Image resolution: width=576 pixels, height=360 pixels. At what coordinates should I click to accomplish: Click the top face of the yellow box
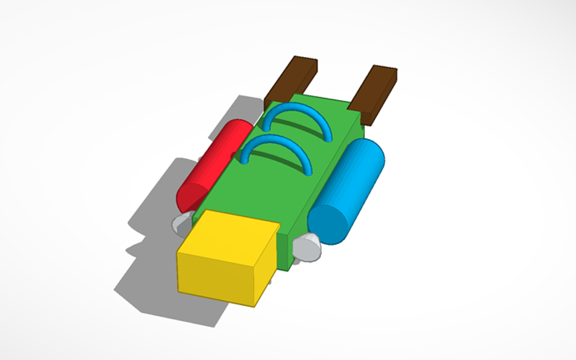coord(229,235)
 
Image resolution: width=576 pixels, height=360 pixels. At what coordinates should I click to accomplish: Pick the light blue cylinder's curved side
coord(356,176)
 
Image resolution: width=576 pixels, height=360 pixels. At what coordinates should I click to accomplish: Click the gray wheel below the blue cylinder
coord(307,248)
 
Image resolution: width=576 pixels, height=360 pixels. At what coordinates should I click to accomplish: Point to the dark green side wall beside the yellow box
coord(285,248)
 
